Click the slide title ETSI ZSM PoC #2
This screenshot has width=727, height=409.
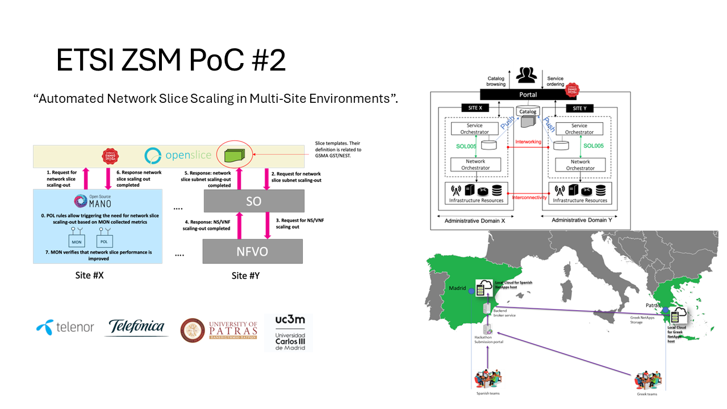coord(170,61)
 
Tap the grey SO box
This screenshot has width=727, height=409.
coord(253,201)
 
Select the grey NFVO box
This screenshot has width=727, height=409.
coord(253,251)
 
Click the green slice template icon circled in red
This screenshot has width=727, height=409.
coord(234,155)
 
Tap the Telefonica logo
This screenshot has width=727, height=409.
coord(136,327)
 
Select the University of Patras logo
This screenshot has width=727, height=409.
coord(218,329)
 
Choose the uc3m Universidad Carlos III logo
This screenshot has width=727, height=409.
coord(290,332)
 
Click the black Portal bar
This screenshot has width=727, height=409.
coord(528,95)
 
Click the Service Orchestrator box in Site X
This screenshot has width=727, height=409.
coord(475,129)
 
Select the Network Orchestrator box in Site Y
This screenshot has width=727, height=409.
coord(580,165)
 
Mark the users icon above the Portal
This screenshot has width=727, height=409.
coord(528,75)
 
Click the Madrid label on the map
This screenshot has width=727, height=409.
coord(457,288)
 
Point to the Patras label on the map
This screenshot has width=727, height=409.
coord(653,305)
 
